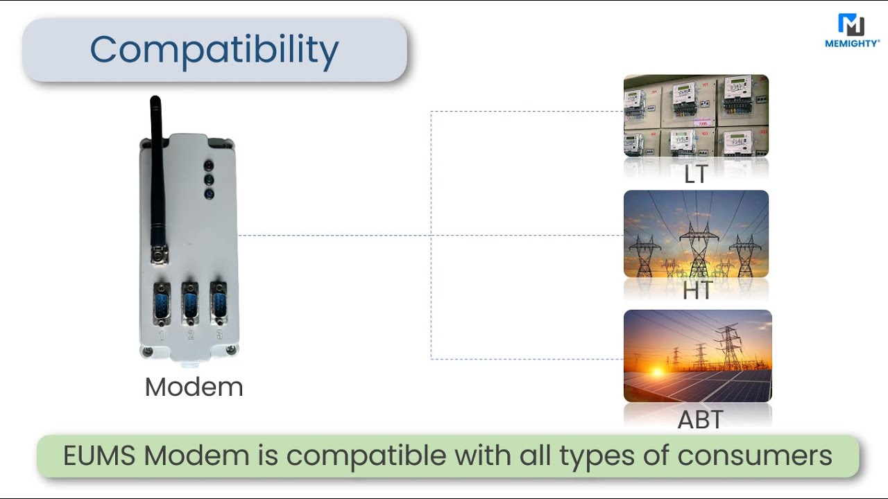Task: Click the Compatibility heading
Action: (x=214, y=50)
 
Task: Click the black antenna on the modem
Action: (x=157, y=173)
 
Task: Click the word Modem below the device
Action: (x=194, y=387)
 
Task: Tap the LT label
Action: (x=695, y=175)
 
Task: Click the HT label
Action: (x=697, y=290)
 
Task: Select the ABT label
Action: (x=700, y=419)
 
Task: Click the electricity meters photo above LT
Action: (x=696, y=115)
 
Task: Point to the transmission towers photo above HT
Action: (x=696, y=234)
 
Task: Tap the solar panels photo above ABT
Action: (x=697, y=356)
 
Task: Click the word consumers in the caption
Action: (x=754, y=455)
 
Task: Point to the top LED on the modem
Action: (x=208, y=166)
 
